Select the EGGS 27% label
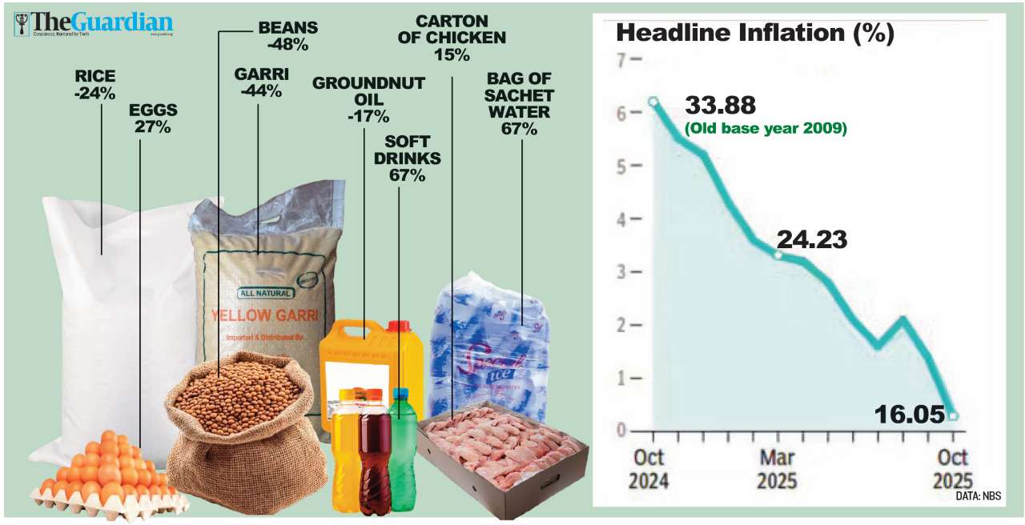pyautogui.click(x=153, y=118)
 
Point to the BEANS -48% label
pyautogui.click(x=287, y=36)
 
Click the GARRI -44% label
pyautogui.click(x=261, y=82)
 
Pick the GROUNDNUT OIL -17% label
pyautogui.click(x=368, y=100)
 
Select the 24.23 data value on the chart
pyautogui.click(x=812, y=239)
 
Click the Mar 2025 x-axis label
pyautogui.click(x=777, y=469)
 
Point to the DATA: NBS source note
pyautogui.click(x=978, y=496)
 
